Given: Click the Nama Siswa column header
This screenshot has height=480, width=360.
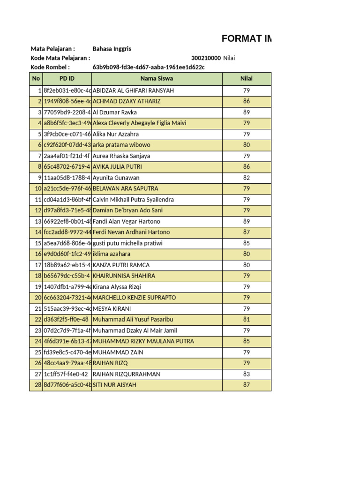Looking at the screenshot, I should [x=157, y=79].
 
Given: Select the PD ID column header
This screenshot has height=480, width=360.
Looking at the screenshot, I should [x=67, y=79].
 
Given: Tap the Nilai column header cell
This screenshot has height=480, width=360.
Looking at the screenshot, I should [x=247, y=79].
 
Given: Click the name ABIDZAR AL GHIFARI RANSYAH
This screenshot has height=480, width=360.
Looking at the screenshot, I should [x=133, y=90].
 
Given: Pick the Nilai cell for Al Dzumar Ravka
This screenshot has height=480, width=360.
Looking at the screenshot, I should [x=247, y=112].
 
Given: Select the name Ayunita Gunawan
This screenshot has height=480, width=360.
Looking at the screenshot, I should [x=116, y=178].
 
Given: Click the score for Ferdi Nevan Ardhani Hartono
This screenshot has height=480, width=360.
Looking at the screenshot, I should [x=247, y=232].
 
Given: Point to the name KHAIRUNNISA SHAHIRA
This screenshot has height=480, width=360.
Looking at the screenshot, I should [x=124, y=276].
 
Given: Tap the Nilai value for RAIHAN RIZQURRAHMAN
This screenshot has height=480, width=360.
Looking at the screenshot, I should [x=247, y=374].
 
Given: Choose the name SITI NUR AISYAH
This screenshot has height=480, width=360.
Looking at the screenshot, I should [x=114, y=385].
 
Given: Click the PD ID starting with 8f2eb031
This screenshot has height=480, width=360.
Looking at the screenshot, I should [x=67, y=90].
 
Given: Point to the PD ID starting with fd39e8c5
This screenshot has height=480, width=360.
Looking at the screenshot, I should [x=67, y=352].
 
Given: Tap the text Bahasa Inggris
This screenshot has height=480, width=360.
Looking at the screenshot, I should [x=112, y=49].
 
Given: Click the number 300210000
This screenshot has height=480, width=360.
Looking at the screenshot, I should [x=206, y=58].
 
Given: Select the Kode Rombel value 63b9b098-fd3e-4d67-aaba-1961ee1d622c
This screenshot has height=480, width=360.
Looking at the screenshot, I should [x=149, y=67].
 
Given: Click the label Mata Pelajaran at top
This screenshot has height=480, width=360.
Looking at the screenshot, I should [x=52, y=49].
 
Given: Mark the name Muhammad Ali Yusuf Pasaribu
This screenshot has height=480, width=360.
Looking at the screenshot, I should [x=133, y=319].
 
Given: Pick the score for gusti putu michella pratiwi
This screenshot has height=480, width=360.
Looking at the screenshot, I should [x=247, y=243].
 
